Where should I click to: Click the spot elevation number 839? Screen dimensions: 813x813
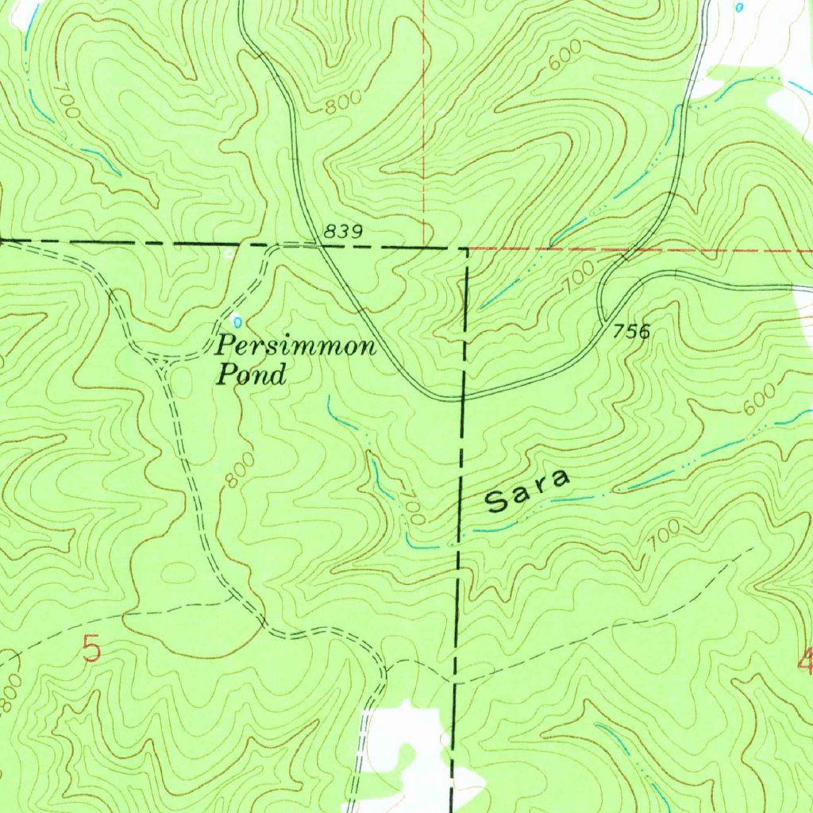click(x=343, y=232)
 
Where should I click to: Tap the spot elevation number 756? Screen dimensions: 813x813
click(x=632, y=331)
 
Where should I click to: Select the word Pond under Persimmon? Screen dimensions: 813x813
click(x=251, y=375)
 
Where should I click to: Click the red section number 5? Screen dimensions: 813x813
click(x=92, y=649)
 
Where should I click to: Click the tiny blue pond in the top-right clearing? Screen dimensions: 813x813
click(x=740, y=7)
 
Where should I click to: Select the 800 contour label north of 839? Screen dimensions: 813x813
click(x=344, y=101)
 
